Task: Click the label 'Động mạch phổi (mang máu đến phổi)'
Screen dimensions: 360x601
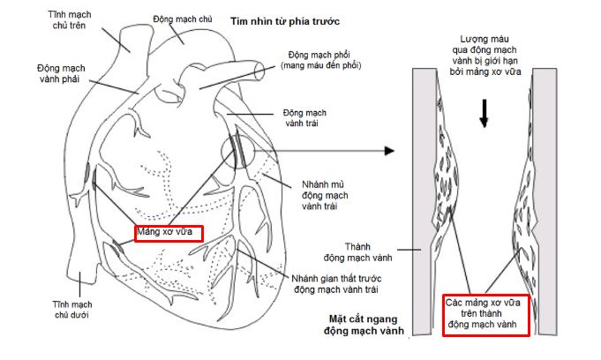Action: (321, 58)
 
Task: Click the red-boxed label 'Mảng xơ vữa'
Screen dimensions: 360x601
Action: (169, 234)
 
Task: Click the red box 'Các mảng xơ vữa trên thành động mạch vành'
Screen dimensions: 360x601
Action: (486, 314)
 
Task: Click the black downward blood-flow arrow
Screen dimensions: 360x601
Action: (484, 112)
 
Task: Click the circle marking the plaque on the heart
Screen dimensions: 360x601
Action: (241, 151)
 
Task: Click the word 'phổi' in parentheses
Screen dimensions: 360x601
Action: (348, 64)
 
